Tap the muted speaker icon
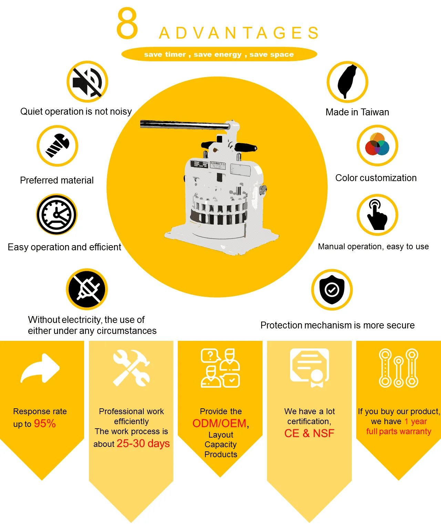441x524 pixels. click(87, 82)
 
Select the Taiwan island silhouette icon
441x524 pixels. click(347, 82)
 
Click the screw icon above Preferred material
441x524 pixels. click(57, 146)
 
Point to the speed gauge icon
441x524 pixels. click(57, 214)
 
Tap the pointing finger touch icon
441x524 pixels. click(377, 214)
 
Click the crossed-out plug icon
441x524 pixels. click(87, 289)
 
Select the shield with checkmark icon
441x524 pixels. click(332, 290)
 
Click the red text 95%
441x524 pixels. click(45, 423)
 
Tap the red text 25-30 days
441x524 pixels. click(143, 443)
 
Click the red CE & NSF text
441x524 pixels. click(309, 433)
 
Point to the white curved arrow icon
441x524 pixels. click(40, 368)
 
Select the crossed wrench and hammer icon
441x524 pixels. click(131, 368)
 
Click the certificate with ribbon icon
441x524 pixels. click(309, 368)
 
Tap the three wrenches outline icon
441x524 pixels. click(399, 368)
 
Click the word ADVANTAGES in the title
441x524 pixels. click(239, 33)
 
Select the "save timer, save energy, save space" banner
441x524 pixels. click(219, 54)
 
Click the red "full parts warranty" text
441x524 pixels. click(399, 431)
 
